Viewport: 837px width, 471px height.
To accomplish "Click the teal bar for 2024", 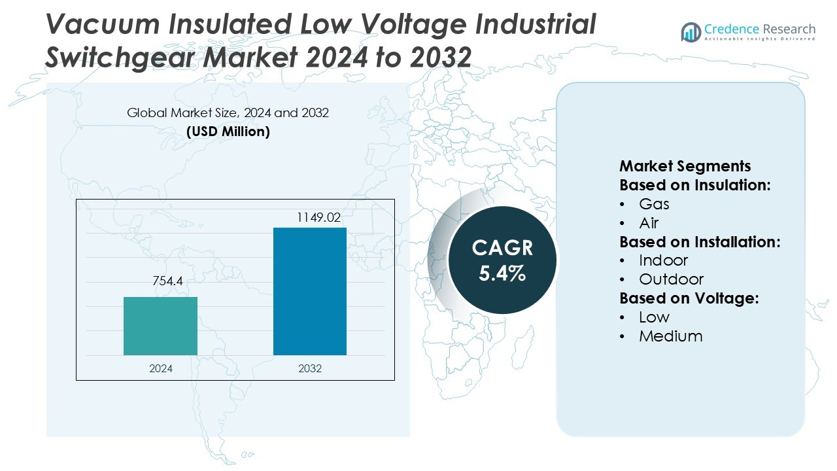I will tap(160, 326).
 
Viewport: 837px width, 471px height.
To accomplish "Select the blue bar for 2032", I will tap(309, 291).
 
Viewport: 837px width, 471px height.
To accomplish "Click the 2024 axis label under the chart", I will tap(161, 368).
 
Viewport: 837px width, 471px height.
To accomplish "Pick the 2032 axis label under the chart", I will tap(310, 368).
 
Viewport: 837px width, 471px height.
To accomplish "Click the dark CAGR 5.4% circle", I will tap(502, 260).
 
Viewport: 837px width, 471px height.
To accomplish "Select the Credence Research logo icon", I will tap(691, 32).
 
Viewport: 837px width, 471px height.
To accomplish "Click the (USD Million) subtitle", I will tap(228, 131).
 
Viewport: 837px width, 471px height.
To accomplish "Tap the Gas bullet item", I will tap(654, 203).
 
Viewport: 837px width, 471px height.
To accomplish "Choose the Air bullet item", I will tap(649, 223).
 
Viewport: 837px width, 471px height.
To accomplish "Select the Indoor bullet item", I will tap(663, 260).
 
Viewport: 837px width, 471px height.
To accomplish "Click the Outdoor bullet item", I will tap(671, 279).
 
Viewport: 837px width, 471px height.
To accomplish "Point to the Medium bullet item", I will tap(670, 336).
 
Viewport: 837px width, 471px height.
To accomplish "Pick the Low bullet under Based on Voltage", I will tap(654, 317).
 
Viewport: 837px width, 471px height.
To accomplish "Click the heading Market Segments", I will tap(685, 166).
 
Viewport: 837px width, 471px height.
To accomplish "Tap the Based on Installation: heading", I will tap(700, 241).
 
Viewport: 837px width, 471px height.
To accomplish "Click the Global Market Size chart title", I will tap(228, 113).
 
